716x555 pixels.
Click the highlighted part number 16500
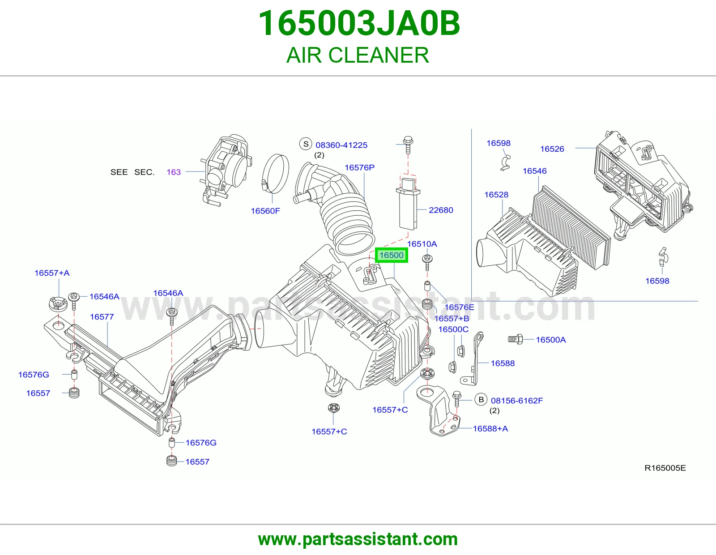(392, 255)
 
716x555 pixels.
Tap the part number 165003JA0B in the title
(359, 23)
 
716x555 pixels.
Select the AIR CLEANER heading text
(358, 55)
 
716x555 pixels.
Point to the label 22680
(441, 210)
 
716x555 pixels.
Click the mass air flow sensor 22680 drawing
(408, 203)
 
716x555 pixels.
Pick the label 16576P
(359, 167)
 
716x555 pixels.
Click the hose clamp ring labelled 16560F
(276, 174)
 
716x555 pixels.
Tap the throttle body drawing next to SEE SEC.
(226, 169)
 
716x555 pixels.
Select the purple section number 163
(174, 172)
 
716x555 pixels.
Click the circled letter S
(306, 144)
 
